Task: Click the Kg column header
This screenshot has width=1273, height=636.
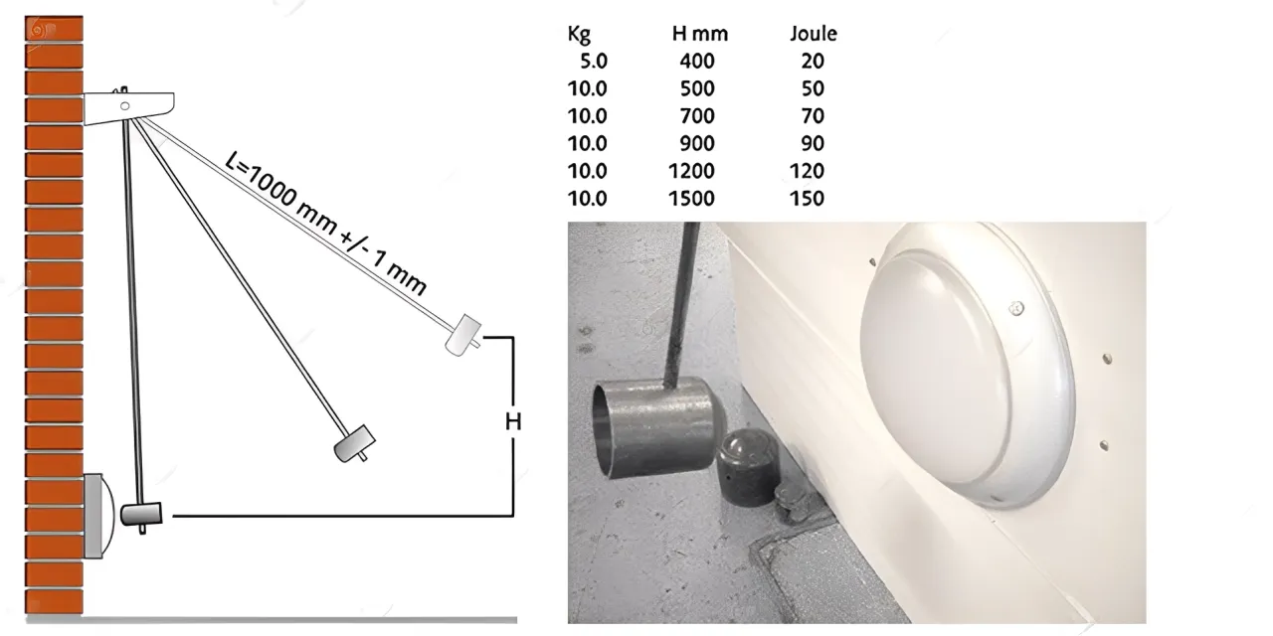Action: (x=579, y=35)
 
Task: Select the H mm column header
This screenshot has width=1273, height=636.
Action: (x=699, y=34)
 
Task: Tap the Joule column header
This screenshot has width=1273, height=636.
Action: (x=813, y=34)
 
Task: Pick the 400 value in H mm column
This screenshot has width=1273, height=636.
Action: (x=696, y=62)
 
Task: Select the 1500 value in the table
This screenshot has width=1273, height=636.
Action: (x=691, y=199)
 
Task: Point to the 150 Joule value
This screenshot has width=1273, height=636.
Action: (x=807, y=199)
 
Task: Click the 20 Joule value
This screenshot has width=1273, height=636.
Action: (x=812, y=62)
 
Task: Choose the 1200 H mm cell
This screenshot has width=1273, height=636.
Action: (x=691, y=171)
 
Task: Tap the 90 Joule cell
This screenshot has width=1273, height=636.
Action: (x=812, y=143)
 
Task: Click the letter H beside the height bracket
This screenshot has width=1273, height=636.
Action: (x=513, y=422)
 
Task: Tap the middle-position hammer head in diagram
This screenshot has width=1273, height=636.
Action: (x=354, y=442)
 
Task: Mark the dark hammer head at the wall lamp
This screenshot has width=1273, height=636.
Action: (x=140, y=514)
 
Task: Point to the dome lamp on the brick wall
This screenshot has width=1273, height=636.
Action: (x=96, y=515)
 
